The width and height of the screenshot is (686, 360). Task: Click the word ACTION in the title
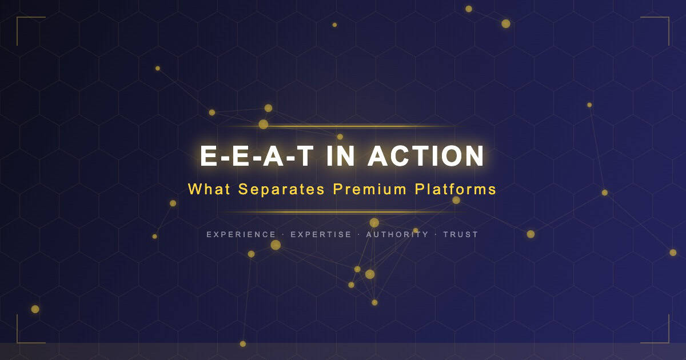[x=426, y=156]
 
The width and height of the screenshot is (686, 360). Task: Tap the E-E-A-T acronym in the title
[x=257, y=156]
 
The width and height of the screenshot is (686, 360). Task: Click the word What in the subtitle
[x=210, y=189]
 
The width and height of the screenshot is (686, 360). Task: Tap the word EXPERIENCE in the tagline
[x=241, y=234]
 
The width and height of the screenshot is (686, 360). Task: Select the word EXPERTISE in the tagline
[x=321, y=234]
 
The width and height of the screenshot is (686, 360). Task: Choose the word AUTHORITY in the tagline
[x=397, y=234]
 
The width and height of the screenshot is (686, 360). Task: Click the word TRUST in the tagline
[x=460, y=234]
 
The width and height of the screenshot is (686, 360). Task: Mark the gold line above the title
[x=343, y=126]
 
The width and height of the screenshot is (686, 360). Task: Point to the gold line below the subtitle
[x=343, y=212]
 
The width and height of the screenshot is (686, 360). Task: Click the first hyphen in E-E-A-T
[x=226, y=158]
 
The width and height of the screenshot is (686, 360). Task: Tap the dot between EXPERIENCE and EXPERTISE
[x=284, y=234]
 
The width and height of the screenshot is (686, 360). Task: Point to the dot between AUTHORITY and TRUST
[x=436, y=234]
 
